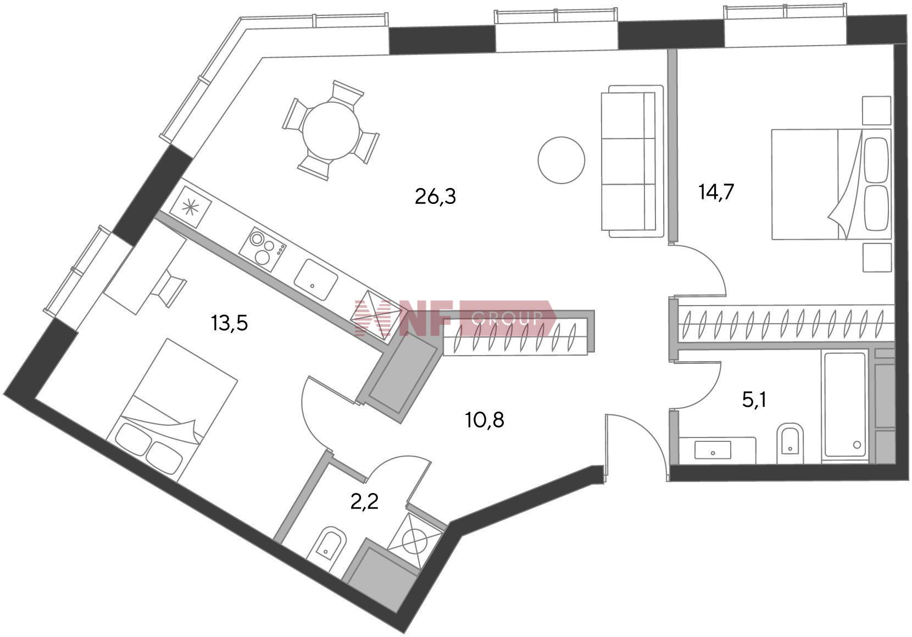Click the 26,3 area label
[435, 196]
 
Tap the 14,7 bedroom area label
[716, 193]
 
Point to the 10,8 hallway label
[484, 420]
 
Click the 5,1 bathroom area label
[754, 400]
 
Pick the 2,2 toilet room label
[365, 501]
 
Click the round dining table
[331, 131]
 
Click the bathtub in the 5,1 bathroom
[844, 405]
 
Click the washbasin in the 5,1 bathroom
[713, 450]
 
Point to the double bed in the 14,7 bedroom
[830, 184]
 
